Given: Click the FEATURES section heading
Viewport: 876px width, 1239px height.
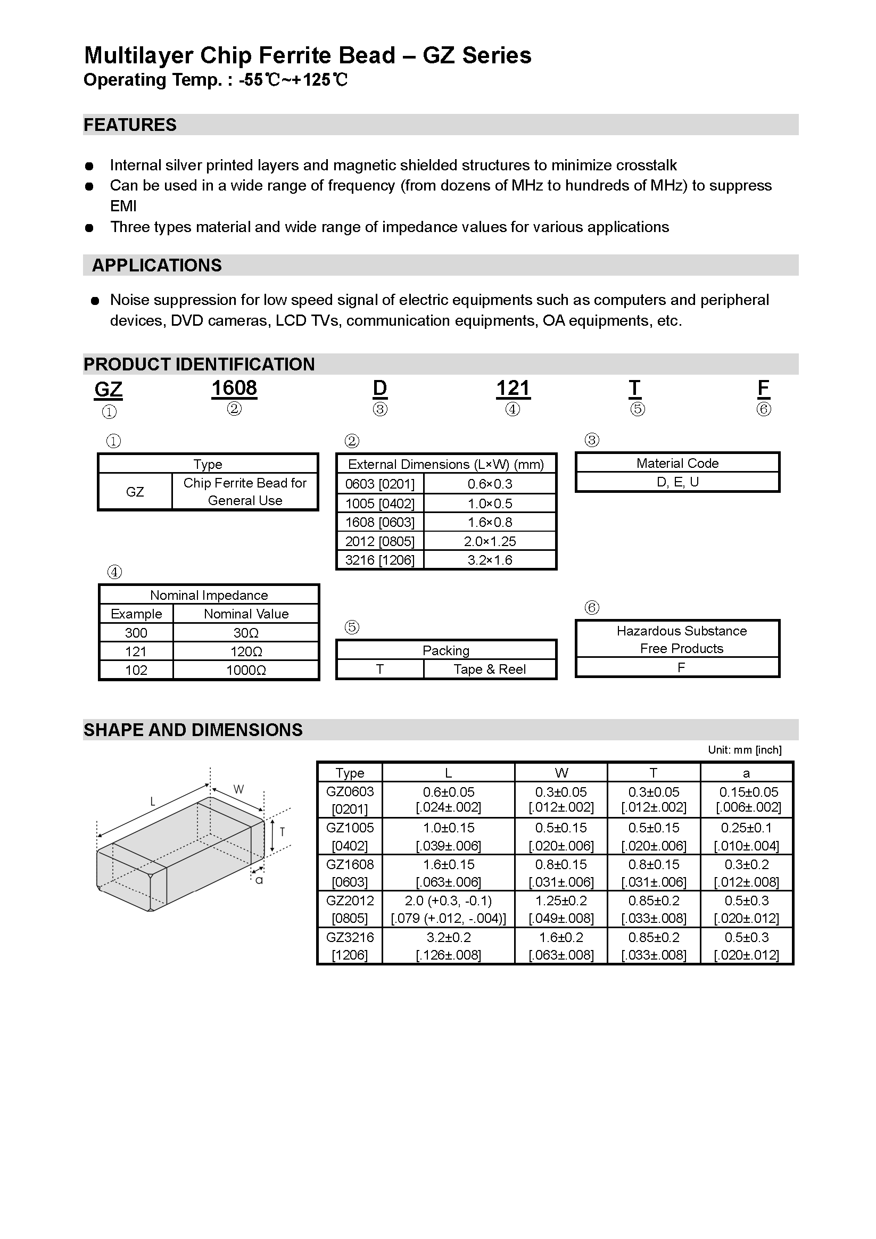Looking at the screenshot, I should [x=130, y=125].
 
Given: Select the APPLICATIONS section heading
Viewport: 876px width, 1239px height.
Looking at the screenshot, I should [x=156, y=265].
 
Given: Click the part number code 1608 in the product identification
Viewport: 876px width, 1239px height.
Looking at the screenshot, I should [x=234, y=388].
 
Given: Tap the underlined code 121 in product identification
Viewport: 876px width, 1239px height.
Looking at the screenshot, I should [x=513, y=388].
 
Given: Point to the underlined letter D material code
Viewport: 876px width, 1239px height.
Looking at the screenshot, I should [x=380, y=388].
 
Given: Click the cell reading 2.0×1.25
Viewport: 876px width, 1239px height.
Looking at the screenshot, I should [x=490, y=541].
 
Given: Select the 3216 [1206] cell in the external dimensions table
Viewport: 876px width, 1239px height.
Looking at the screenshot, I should [x=380, y=560].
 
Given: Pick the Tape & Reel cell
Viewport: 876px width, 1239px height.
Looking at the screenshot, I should [x=490, y=669].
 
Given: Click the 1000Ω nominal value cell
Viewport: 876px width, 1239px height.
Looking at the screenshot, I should [x=246, y=670].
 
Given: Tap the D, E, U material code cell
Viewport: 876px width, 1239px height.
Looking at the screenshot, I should [x=677, y=482].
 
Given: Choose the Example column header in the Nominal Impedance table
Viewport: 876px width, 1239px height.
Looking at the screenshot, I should [x=136, y=614].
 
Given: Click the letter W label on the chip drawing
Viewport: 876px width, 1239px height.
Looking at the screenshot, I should [x=238, y=789].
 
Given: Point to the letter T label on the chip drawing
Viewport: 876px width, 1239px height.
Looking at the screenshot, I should [x=282, y=831].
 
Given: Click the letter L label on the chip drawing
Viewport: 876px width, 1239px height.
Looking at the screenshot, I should [x=153, y=802].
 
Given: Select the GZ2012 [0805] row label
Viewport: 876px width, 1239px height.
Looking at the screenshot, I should [x=350, y=909].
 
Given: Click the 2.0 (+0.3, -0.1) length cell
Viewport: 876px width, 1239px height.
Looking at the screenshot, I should [x=448, y=909].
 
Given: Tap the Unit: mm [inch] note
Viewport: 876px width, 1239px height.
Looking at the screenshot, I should [x=745, y=749].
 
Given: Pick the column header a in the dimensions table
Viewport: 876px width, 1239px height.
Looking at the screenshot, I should [x=747, y=773].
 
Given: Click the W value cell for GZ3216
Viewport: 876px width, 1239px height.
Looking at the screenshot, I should [x=561, y=946].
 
